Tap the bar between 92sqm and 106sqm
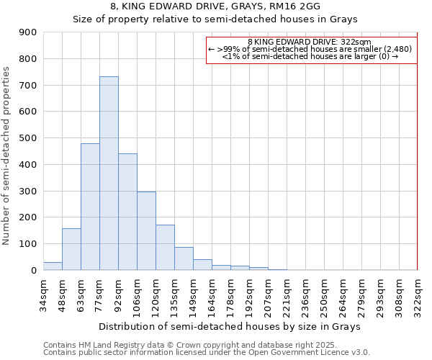(127, 212)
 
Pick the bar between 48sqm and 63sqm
(71, 249)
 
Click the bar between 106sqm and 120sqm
(146, 230)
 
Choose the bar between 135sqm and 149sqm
(184, 258)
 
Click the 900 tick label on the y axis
(28, 32)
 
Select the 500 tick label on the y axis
(28, 138)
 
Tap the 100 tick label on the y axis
(28, 244)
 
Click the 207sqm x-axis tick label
(268, 294)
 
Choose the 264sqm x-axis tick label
(343, 294)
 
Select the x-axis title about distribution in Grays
(230, 326)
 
